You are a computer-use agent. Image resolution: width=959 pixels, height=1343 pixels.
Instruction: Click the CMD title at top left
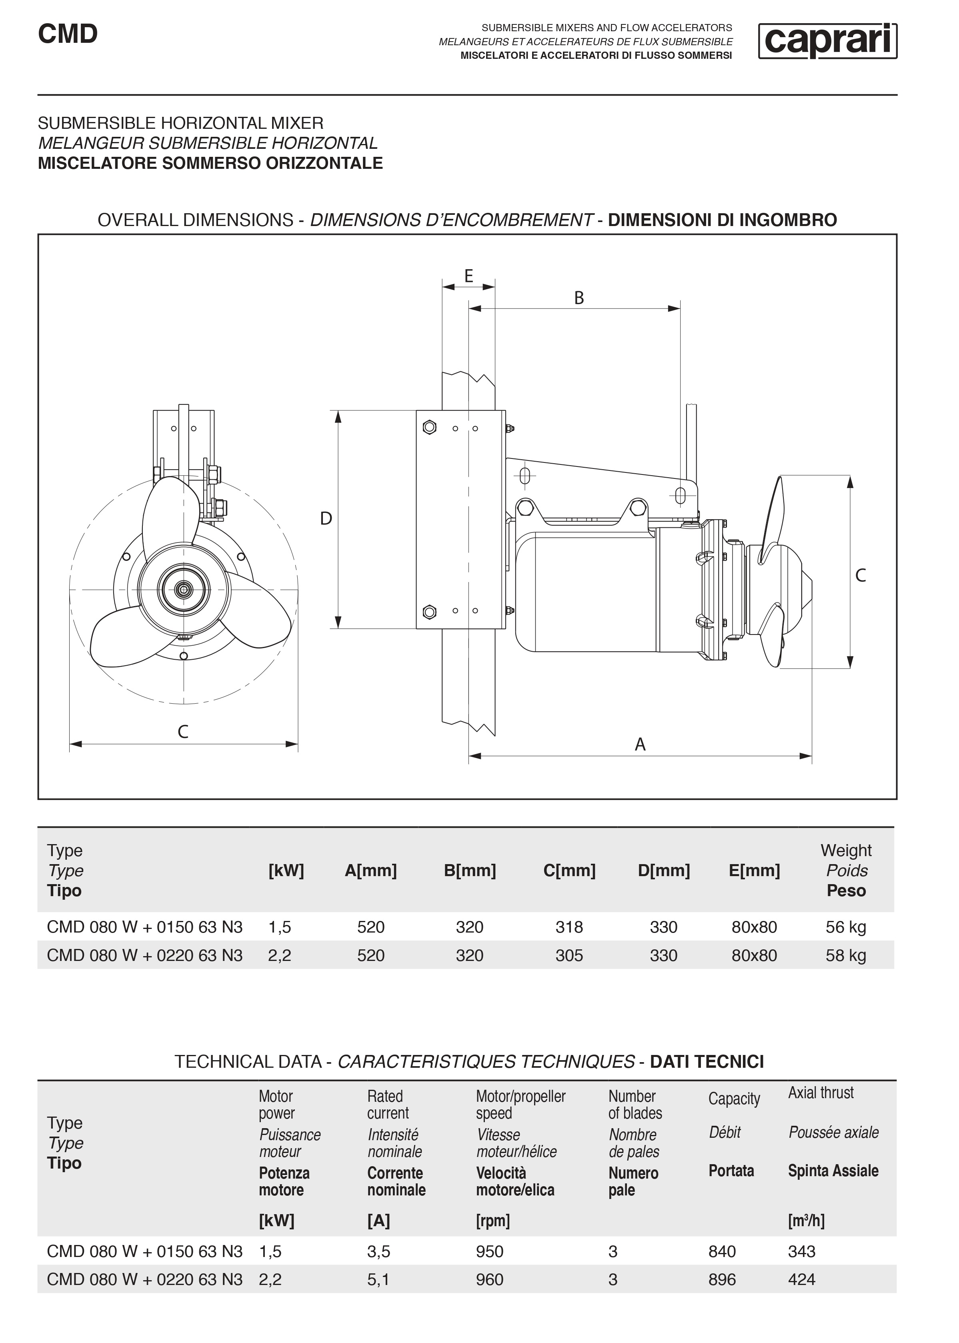(x=68, y=34)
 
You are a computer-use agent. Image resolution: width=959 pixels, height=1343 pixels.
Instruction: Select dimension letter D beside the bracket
(x=326, y=518)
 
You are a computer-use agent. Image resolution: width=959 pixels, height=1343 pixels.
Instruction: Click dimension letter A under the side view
(x=640, y=745)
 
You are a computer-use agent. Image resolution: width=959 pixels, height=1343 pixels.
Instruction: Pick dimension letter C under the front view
(x=183, y=732)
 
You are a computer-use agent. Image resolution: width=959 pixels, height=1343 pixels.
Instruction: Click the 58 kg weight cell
(x=846, y=955)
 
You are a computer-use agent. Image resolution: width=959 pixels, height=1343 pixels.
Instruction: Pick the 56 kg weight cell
(x=846, y=927)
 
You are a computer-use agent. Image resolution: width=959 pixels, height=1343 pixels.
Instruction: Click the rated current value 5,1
(x=378, y=1279)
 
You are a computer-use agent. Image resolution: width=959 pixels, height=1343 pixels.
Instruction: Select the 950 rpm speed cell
(x=490, y=1251)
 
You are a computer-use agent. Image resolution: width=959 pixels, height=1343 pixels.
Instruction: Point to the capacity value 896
(x=722, y=1279)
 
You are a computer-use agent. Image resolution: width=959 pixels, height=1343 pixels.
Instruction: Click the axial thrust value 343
(x=801, y=1251)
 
